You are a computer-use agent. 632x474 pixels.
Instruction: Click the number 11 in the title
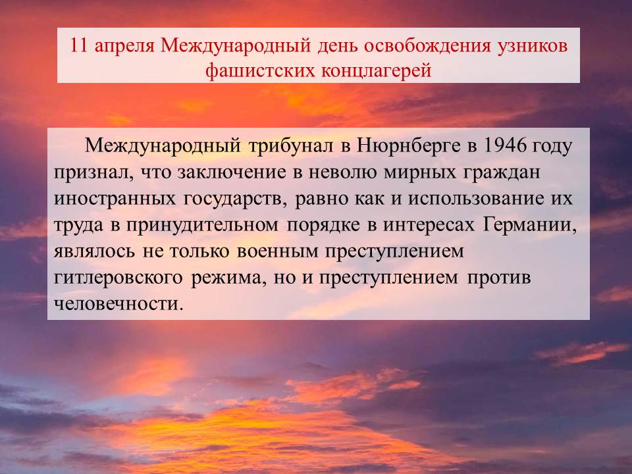point(78,45)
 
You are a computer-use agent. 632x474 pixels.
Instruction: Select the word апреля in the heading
point(124,47)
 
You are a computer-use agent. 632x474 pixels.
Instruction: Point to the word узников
point(532,47)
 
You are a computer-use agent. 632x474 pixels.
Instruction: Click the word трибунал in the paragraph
point(290,147)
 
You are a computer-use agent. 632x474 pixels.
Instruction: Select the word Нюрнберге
point(408,147)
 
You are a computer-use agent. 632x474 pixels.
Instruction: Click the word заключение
point(232,172)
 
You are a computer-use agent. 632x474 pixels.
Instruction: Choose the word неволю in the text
point(342,172)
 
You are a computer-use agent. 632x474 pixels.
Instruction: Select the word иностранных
point(115,199)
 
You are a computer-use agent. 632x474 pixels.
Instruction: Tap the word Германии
point(529,226)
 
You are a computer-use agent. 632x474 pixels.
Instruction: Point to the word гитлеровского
point(118,278)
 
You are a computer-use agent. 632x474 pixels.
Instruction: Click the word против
point(498,278)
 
